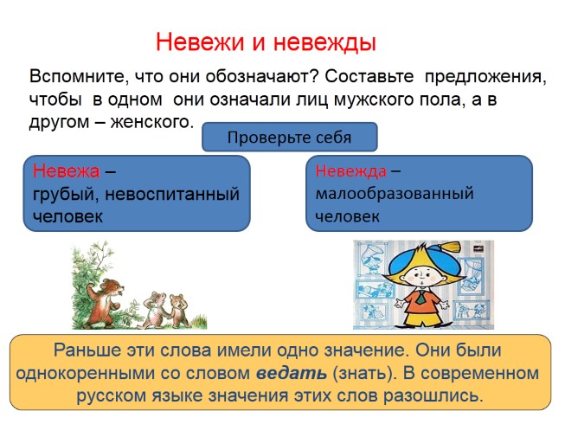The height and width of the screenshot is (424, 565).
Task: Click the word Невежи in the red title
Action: pyautogui.click(x=198, y=42)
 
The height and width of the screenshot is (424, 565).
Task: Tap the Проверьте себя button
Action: pyautogui.click(x=289, y=137)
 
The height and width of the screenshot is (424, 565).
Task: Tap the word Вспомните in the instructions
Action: pyautogui.click(x=75, y=76)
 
